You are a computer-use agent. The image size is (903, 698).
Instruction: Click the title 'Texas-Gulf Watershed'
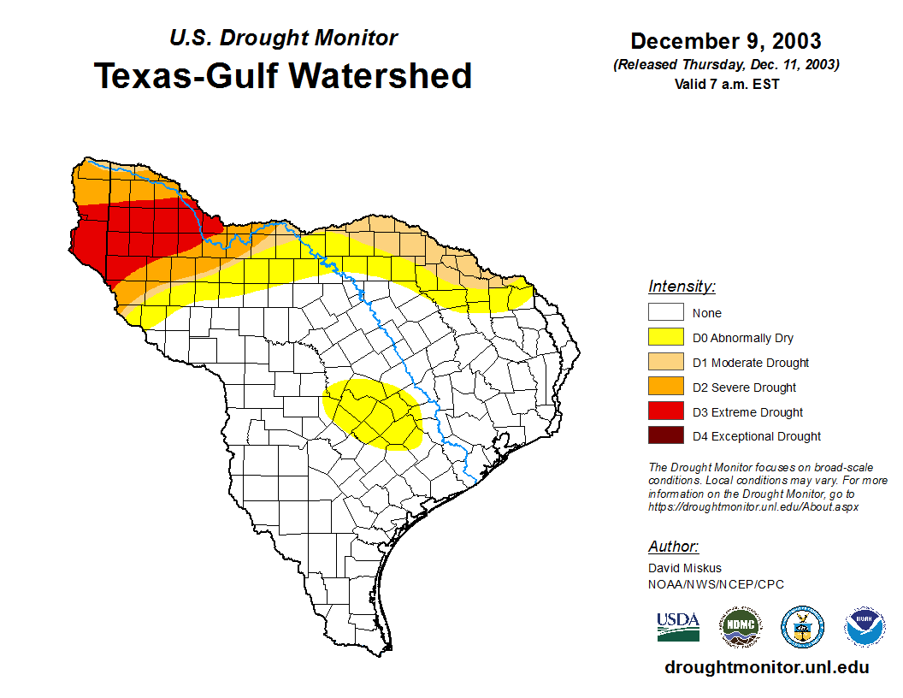(282, 76)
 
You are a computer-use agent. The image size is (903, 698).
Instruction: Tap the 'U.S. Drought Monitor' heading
(284, 38)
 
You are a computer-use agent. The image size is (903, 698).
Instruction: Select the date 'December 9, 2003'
(725, 41)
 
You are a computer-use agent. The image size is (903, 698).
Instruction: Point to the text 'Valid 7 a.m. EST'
(725, 84)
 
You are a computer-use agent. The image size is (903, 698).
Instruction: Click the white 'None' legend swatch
(666, 313)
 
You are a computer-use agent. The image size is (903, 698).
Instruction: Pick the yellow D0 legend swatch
(666, 338)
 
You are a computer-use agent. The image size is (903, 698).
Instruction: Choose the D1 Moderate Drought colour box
(666, 363)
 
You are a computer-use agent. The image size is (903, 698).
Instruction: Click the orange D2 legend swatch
(666, 387)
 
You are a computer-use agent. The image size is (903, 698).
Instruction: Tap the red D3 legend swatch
(666, 412)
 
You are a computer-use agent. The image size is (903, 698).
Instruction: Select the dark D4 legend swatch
(666, 436)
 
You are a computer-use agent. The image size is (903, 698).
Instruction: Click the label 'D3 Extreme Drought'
(747, 412)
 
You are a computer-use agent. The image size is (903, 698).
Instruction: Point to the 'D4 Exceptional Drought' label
(757, 436)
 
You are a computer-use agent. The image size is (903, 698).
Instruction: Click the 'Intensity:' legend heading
(682, 287)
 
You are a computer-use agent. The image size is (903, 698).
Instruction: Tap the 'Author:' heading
(673, 547)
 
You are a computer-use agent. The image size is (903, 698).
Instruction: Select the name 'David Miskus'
(685, 568)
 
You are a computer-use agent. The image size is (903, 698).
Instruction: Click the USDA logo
(678, 626)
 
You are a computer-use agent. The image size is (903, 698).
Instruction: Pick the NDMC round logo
(741, 627)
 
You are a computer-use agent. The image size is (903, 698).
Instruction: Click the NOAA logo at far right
(865, 627)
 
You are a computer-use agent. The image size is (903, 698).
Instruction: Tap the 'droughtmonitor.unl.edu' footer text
(766, 667)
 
